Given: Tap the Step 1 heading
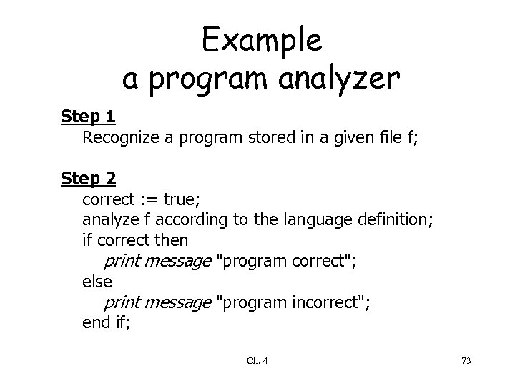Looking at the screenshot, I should coord(88,116).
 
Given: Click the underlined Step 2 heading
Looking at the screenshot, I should coord(88,177).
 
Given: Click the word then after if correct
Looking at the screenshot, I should coord(171,239).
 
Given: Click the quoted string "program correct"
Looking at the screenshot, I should coord(285,260).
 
